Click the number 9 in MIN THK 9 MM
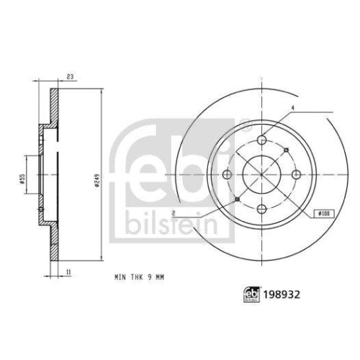149,277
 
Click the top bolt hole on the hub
261,140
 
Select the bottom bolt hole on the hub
261,208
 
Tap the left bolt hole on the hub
227,174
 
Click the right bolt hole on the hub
296,174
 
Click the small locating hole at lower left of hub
237,199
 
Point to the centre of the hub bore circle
261,174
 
